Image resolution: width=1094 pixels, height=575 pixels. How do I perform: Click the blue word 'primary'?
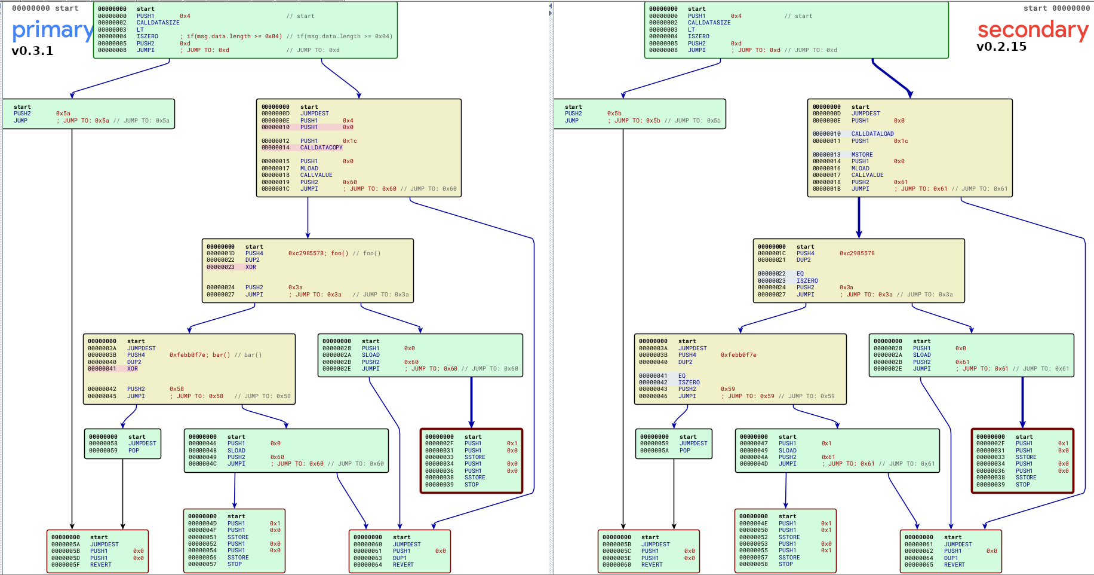[53, 30]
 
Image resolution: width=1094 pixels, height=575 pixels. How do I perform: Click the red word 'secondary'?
[1032, 30]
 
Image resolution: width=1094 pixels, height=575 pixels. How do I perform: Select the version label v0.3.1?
[32, 51]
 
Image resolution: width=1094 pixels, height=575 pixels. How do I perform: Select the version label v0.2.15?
[1001, 47]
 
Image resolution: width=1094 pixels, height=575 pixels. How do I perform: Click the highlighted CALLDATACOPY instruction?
[321, 148]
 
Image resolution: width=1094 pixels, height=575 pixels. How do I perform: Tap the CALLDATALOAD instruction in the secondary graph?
[872, 134]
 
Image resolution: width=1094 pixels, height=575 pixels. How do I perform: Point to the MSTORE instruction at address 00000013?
[862, 155]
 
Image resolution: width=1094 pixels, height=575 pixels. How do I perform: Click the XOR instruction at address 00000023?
[251, 267]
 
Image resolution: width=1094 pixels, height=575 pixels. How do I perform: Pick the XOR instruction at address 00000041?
[132, 369]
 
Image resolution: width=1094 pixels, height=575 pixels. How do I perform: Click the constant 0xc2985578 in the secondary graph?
[856, 253]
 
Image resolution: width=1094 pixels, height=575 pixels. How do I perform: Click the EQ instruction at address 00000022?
[800, 274]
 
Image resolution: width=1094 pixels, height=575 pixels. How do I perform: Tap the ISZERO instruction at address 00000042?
[689, 383]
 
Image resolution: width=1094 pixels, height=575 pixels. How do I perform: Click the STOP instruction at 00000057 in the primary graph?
[234, 564]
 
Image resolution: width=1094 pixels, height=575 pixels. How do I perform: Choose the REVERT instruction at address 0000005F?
[101, 565]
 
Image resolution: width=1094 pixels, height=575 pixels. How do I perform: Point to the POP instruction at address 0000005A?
[684, 451]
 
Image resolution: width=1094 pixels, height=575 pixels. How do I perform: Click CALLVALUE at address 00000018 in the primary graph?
[316, 175]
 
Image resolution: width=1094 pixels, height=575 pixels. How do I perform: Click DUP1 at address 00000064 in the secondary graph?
[951, 558]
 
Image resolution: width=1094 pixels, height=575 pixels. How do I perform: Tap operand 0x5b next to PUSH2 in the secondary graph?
[614, 114]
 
